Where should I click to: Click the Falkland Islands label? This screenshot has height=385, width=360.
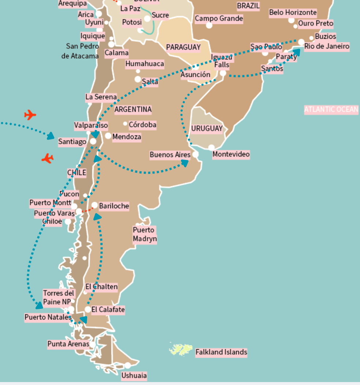[x=221, y=352]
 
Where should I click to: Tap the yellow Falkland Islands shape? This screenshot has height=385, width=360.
[x=181, y=349]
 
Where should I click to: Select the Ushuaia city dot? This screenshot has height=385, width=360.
[x=127, y=365]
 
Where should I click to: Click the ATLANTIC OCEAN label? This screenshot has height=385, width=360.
[x=331, y=109]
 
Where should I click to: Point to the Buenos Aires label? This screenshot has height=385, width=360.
[x=170, y=155]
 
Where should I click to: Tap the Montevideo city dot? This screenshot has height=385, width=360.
[x=211, y=147]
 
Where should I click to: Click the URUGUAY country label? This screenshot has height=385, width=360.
[x=207, y=128]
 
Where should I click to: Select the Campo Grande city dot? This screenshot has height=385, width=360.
[x=209, y=25]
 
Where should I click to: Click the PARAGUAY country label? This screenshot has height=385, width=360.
[x=183, y=47]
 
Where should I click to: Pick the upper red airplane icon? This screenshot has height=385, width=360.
[x=30, y=115]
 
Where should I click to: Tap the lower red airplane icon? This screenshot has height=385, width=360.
[x=48, y=158]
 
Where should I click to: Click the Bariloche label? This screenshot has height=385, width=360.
[x=114, y=206]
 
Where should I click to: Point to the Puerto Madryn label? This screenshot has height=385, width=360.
[x=145, y=235]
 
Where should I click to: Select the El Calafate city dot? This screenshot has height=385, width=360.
[x=88, y=310]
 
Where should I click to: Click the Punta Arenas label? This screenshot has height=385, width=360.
[x=68, y=344]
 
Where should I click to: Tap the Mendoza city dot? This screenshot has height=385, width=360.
[x=108, y=136]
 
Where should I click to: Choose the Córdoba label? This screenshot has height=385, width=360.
[x=142, y=125]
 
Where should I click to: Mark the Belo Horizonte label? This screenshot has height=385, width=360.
[x=293, y=12]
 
